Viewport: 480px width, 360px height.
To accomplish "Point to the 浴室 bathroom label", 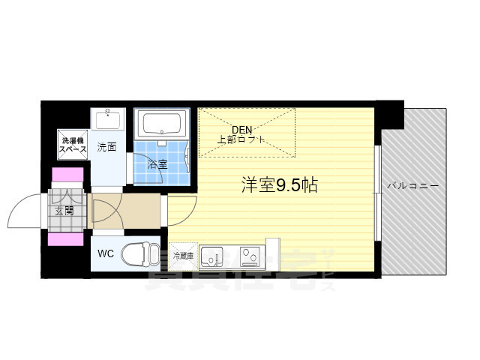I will coord(157,163).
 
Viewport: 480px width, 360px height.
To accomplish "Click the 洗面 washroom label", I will coord(106,147).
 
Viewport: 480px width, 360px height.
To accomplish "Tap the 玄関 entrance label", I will coord(64,211).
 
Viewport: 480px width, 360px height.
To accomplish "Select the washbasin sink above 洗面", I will coord(109,121).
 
